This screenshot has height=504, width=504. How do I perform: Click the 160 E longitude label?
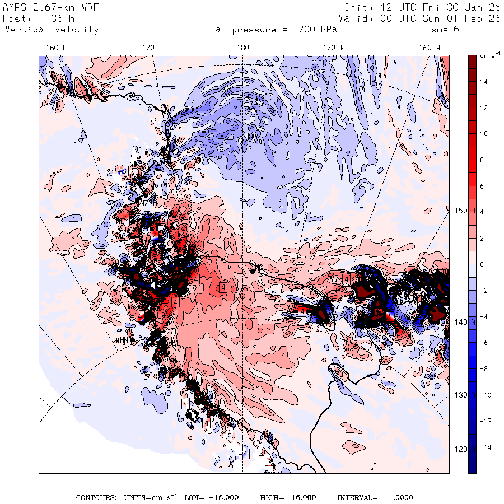(x=57, y=48)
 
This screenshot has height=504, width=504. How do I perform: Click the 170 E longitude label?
(x=153, y=48)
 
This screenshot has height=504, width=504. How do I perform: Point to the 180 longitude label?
(x=242, y=48)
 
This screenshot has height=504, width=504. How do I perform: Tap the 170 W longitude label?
(x=334, y=48)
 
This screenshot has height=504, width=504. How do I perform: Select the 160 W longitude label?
(x=430, y=48)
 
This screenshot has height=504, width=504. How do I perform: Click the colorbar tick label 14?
(x=483, y=82)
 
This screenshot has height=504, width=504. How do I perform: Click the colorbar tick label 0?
(x=482, y=264)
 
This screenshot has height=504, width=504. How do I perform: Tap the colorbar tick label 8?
(x=482, y=160)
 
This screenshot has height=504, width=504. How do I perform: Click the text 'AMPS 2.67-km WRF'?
(x=43, y=8)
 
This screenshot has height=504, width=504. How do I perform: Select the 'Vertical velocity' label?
(x=52, y=30)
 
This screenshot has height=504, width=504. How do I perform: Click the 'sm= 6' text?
(x=447, y=30)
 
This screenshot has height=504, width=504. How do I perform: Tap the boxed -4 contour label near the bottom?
(x=242, y=454)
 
